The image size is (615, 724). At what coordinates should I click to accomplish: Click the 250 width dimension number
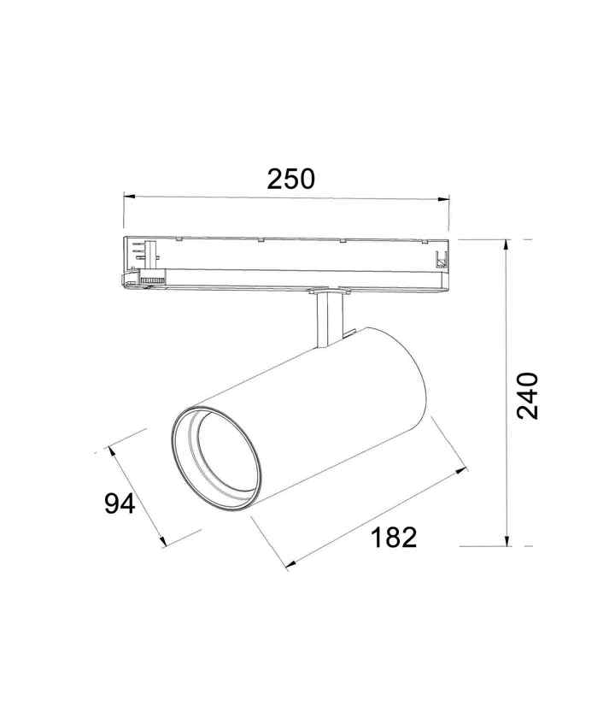pyautogui.click(x=290, y=180)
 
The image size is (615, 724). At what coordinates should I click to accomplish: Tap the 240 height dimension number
pyautogui.click(x=527, y=396)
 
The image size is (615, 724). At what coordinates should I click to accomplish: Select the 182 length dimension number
pyautogui.click(x=394, y=537)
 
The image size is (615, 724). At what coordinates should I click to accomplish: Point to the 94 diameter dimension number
pyautogui.click(x=120, y=503)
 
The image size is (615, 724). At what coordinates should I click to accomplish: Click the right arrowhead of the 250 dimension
pyautogui.click(x=443, y=199)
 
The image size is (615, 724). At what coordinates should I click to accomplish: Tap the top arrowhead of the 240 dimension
pyautogui.click(x=507, y=245)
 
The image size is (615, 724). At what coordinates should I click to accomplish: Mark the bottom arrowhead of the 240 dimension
pyautogui.click(x=507, y=540)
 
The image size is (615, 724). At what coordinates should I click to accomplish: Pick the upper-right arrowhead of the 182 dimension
pyautogui.click(x=461, y=471)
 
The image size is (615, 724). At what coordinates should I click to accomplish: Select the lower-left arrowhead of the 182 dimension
pyautogui.click(x=291, y=564)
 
